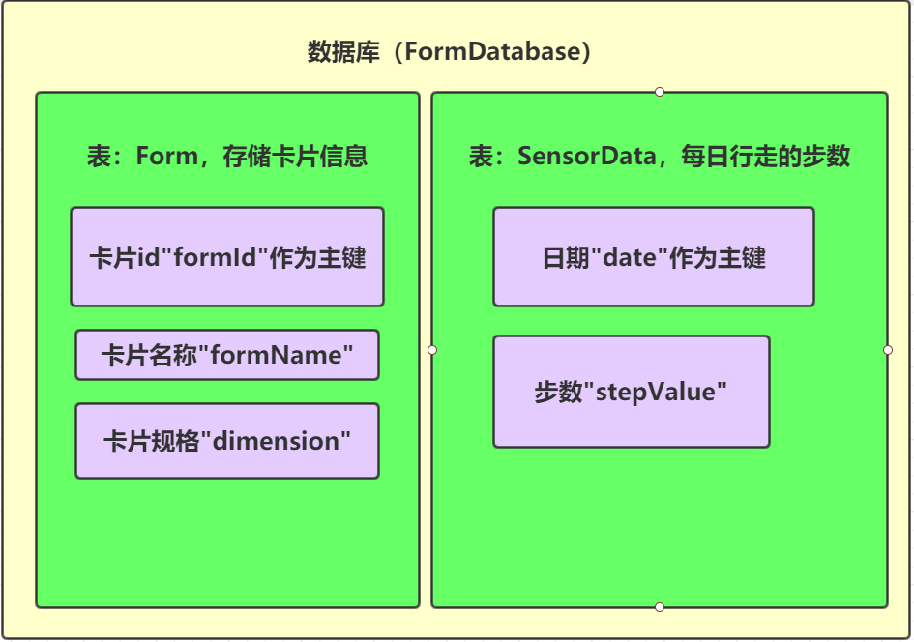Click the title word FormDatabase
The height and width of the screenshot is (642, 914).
(x=492, y=51)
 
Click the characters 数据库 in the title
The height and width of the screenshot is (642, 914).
(x=343, y=51)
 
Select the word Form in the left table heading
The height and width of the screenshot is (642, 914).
(x=166, y=156)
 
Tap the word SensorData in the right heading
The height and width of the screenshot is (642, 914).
(x=587, y=156)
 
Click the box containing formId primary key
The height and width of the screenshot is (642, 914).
(x=227, y=256)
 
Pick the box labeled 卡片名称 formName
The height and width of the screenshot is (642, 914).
(x=227, y=355)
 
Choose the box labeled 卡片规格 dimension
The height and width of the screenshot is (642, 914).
(x=227, y=441)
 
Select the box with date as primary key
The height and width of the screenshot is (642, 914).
(x=654, y=256)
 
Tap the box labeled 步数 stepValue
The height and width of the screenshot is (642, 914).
(x=632, y=392)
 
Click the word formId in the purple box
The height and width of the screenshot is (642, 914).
(x=215, y=257)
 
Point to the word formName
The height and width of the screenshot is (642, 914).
(x=277, y=355)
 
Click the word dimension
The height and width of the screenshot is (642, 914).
(x=277, y=441)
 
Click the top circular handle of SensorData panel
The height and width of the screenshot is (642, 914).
(x=660, y=92)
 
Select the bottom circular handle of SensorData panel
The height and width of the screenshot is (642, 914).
(x=660, y=607)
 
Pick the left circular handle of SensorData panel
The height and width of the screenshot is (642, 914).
(x=432, y=350)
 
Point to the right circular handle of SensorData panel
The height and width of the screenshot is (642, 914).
(x=888, y=350)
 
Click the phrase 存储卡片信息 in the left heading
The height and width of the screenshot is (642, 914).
(x=295, y=156)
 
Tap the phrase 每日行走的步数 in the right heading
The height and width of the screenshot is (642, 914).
(x=766, y=156)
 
